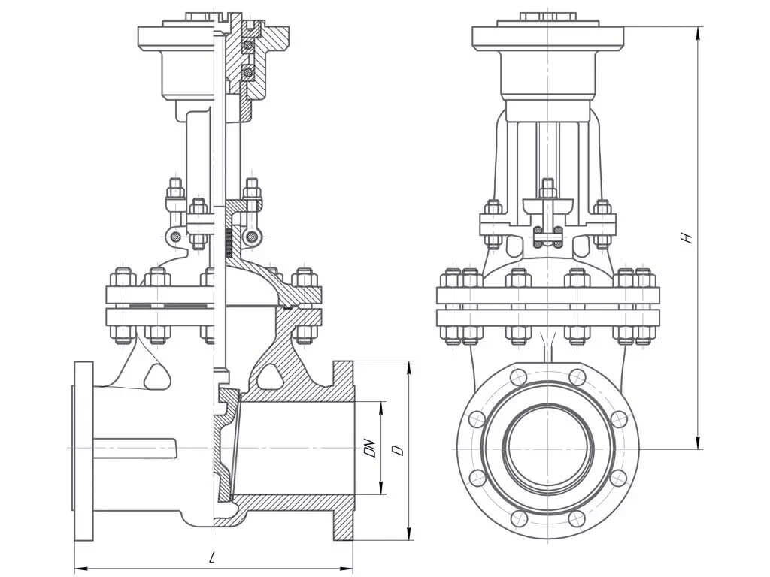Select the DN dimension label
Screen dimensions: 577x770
(369, 449)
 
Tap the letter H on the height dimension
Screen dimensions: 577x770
(685, 237)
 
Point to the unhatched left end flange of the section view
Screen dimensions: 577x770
(83, 451)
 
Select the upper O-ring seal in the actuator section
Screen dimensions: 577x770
(247, 47)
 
